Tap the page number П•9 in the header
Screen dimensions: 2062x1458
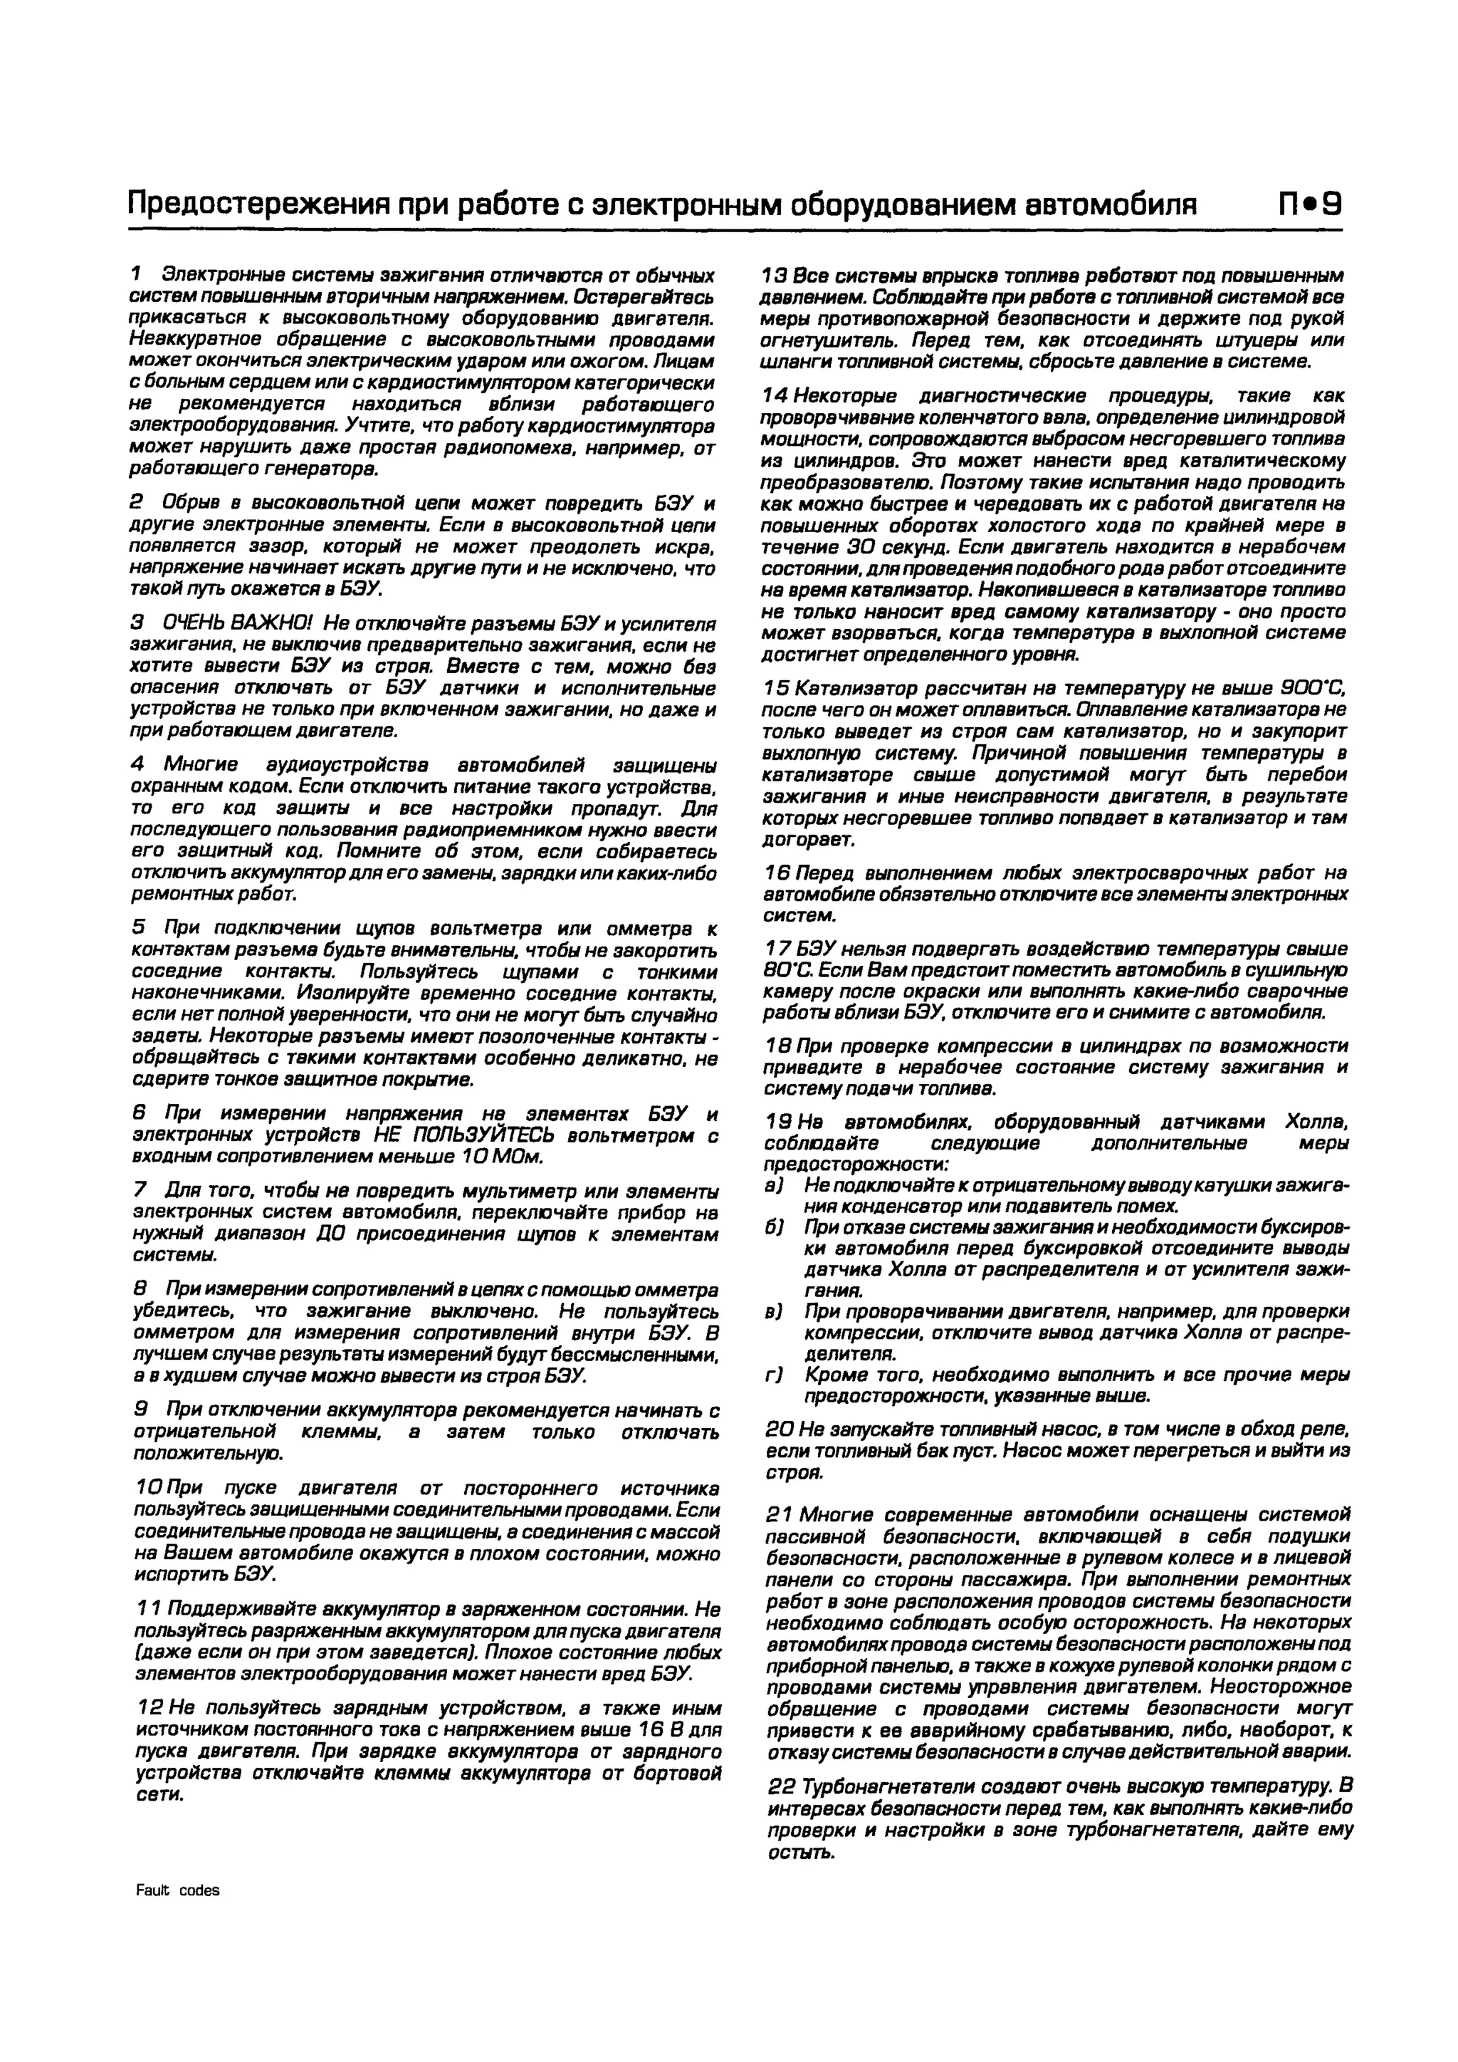1310,206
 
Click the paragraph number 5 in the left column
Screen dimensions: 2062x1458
138,927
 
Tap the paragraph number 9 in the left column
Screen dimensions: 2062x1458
138,1410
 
